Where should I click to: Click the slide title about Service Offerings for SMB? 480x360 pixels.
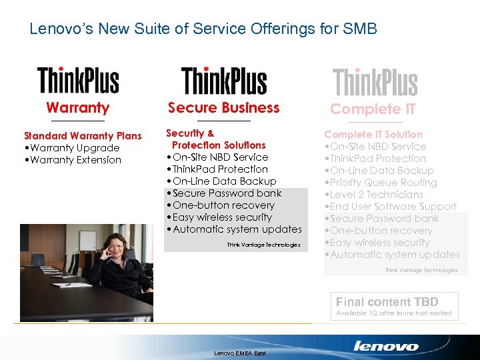(x=203, y=29)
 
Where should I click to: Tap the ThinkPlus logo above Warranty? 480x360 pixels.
(x=78, y=80)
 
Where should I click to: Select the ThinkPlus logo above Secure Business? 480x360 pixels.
(x=224, y=81)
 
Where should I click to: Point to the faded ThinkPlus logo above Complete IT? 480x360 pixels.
(x=375, y=83)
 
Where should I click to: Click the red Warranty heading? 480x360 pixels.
(x=78, y=107)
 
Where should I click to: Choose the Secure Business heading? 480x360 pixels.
(x=224, y=107)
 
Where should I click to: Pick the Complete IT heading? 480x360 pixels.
(x=373, y=109)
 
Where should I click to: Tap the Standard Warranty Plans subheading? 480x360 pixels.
(x=83, y=136)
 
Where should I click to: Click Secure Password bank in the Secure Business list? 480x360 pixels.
(x=224, y=193)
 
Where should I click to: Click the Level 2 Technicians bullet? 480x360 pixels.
(x=374, y=195)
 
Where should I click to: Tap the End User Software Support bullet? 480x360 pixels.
(x=391, y=207)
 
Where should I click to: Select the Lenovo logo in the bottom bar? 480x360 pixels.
(x=386, y=346)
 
